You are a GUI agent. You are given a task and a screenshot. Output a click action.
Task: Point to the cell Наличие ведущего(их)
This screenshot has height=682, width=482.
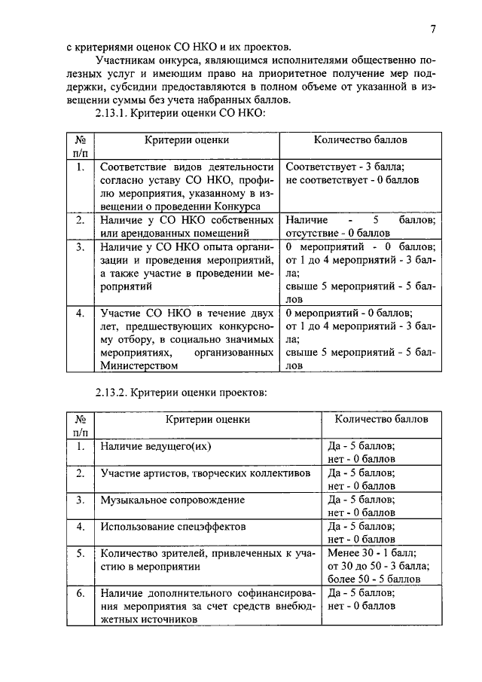(x=154, y=445)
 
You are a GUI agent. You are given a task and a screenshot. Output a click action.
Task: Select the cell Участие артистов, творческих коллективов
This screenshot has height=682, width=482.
(x=205, y=473)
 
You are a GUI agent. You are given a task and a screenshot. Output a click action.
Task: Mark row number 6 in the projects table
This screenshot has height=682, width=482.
(x=81, y=593)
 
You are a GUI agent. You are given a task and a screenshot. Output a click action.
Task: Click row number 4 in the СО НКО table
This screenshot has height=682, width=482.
(x=81, y=313)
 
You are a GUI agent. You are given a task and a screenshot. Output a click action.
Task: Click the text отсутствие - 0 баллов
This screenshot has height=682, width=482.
(x=333, y=233)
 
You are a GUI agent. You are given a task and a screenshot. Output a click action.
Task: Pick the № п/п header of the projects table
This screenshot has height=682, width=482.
(x=81, y=425)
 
